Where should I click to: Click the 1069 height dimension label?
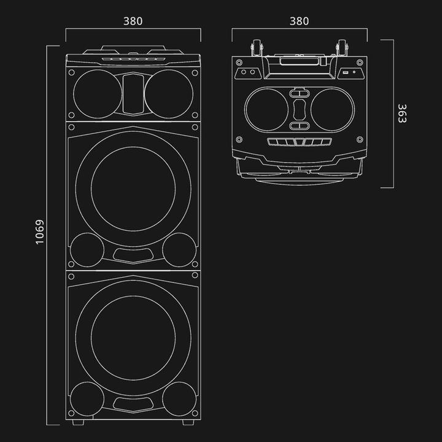click(x=40, y=232)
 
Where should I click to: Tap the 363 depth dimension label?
click(x=401, y=114)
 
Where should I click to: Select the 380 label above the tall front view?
click(x=133, y=21)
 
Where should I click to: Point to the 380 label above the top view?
click(x=299, y=21)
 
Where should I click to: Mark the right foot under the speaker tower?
click(x=188, y=422)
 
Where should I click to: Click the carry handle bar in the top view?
click(x=299, y=61)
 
